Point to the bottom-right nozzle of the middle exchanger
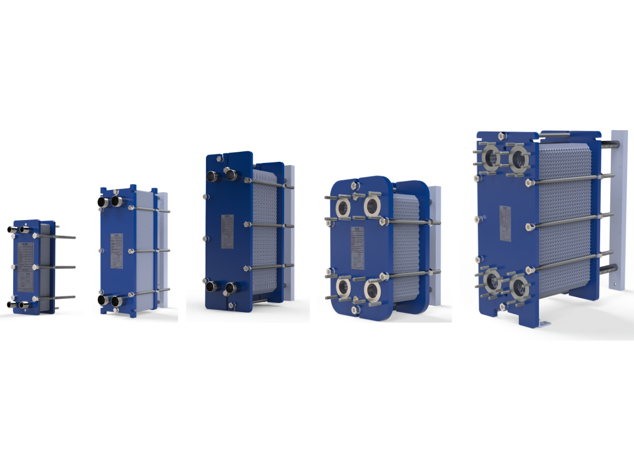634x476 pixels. point(230,288)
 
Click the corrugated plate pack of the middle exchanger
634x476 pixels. point(264,233)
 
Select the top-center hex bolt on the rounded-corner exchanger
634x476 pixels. point(352,185)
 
